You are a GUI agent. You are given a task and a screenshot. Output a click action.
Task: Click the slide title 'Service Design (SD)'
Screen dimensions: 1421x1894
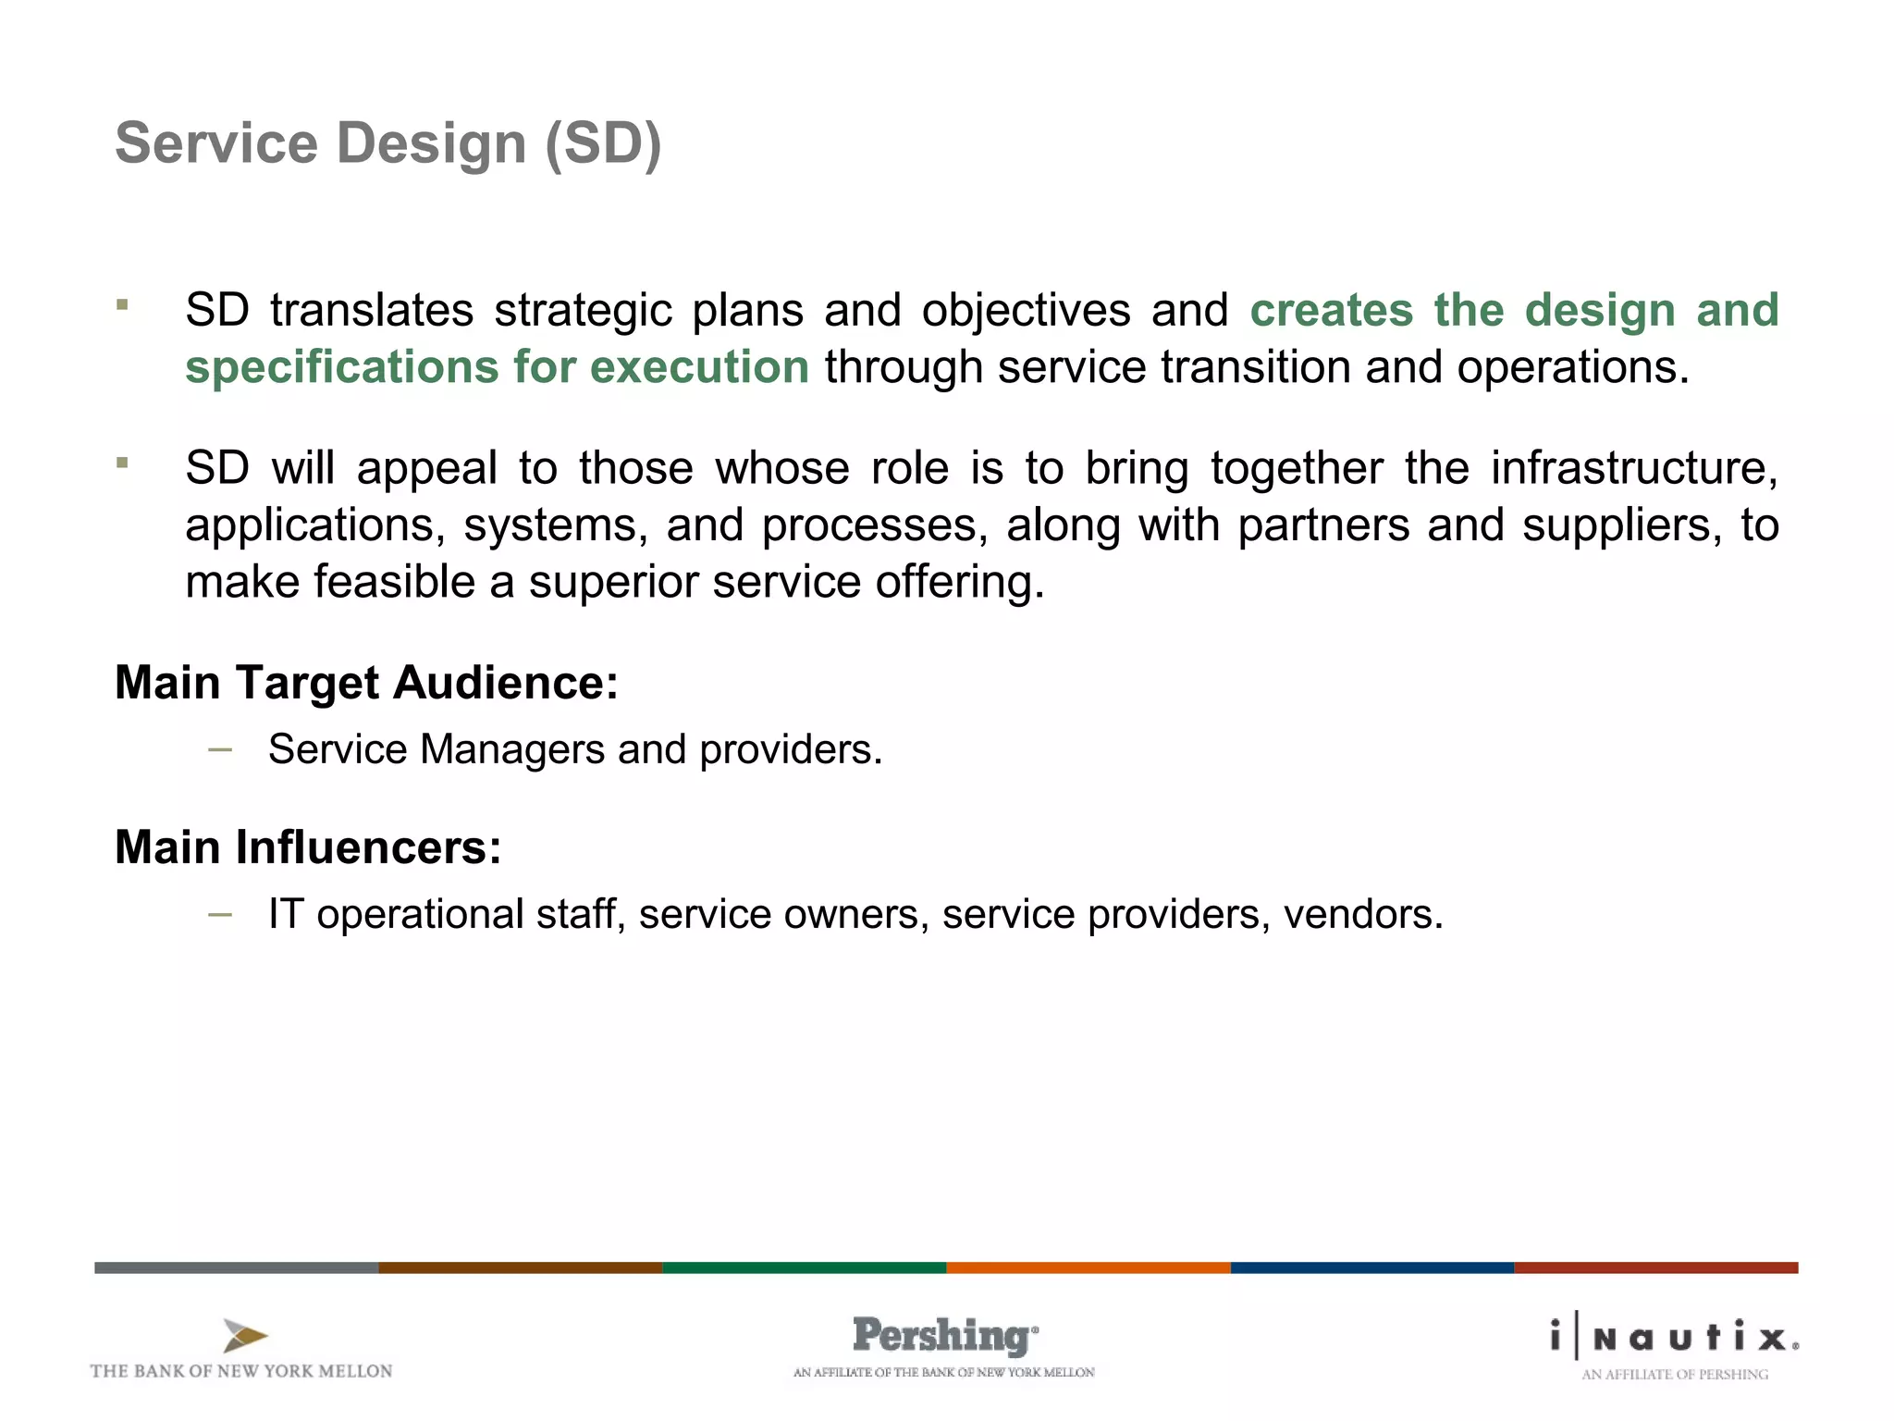tap(388, 144)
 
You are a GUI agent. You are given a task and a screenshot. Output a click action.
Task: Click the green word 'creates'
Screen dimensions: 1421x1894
tap(1332, 311)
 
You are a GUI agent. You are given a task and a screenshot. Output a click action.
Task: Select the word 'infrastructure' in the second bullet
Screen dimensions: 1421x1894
tap(1633, 468)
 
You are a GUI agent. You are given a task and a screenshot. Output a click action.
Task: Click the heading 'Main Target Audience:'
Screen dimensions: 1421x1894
tap(366, 684)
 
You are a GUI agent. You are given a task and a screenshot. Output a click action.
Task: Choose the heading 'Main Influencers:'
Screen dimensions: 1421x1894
tap(308, 847)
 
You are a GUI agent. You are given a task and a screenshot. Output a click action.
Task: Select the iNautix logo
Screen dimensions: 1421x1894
tap(1675, 1338)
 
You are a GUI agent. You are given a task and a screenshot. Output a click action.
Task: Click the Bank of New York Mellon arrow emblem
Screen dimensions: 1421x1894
tap(244, 1336)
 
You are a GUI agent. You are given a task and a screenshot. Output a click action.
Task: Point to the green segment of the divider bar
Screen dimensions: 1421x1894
tap(804, 1267)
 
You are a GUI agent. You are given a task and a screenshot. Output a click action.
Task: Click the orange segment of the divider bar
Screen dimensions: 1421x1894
tap(1088, 1267)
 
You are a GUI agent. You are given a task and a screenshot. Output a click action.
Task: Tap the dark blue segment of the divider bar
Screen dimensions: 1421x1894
tap(1371, 1267)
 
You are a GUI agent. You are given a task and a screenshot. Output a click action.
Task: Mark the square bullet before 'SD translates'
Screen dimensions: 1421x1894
tap(122, 304)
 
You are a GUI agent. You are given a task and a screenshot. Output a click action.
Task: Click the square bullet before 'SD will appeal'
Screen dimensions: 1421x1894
tap(122, 463)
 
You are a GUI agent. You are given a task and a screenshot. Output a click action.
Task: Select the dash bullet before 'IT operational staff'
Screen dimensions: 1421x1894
tap(220, 915)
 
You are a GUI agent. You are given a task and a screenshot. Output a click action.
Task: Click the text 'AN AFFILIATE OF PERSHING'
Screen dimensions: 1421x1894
tap(1674, 1375)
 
